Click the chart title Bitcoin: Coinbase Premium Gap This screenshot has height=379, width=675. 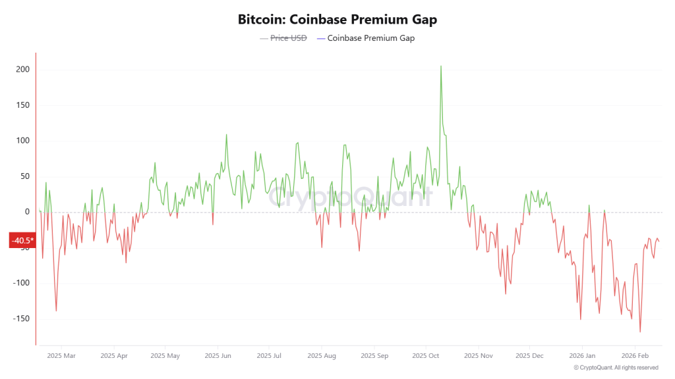[337, 19]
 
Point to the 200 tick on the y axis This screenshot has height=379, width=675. [23, 70]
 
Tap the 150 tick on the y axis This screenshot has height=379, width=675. [23, 105]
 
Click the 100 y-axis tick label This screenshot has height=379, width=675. [23, 141]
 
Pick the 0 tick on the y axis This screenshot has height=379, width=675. [27, 212]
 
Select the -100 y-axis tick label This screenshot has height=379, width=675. [22, 283]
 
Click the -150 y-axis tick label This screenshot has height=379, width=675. [22, 318]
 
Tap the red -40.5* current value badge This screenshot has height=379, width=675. [22, 241]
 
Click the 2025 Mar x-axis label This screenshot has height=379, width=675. [61, 356]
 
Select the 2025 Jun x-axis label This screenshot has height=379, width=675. [217, 356]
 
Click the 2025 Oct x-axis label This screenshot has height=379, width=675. [425, 356]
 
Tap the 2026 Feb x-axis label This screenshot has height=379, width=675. [634, 356]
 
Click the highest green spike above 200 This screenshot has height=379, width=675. [441, 66]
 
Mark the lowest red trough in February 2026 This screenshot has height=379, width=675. [640, 332]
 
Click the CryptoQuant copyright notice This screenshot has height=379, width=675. [616, 368]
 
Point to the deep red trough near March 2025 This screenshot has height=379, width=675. [56, 311]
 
